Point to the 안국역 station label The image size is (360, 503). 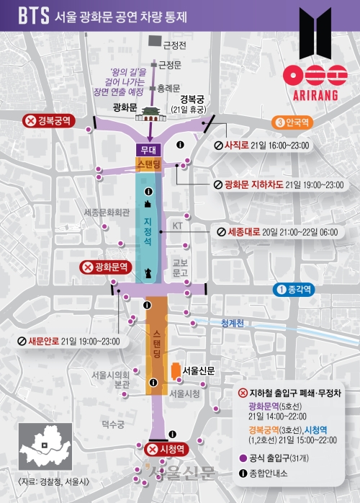[298, 122]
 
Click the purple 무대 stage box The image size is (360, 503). [149, 149]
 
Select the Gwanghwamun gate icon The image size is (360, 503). [149, 111]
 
